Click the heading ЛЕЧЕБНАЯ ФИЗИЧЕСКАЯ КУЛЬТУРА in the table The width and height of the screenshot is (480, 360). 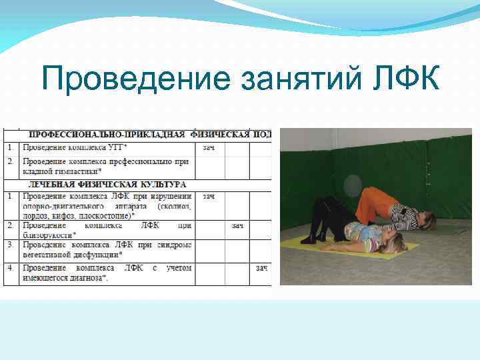(107, 183)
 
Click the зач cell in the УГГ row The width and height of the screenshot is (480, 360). (209, 147)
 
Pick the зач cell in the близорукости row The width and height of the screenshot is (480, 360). (237, 226)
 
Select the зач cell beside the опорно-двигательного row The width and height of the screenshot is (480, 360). (209, 197)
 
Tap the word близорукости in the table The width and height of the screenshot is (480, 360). (49, 235)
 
